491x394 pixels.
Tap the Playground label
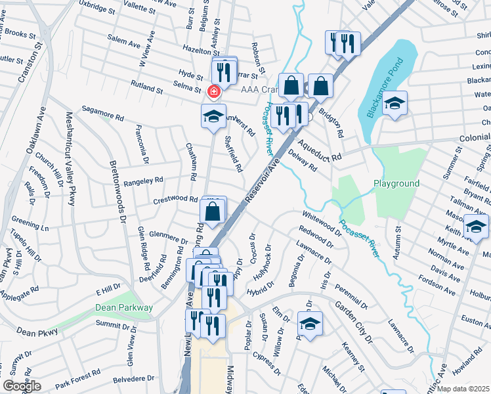click(x=396, y=183)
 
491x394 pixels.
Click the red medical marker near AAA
click(x=213, y=91)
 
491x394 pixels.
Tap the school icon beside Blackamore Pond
click(x=395, y=104)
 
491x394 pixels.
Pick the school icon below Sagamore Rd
click(x=213, y=116)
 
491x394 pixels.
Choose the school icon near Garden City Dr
click(x=310, y=324)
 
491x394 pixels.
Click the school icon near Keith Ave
click(x=476, y=228)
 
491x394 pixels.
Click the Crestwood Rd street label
click(x=175, y=199)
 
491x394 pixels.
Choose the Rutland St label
click(x=146, y=87)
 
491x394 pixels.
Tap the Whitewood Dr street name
click(x=322, y=223)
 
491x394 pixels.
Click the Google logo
click(x=22, y=386)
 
